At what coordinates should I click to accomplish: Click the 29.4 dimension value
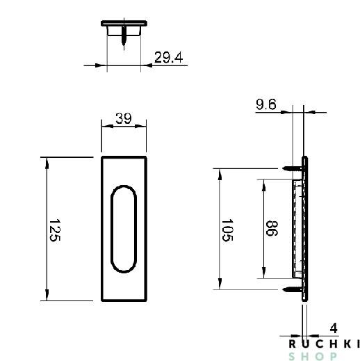[167, 58]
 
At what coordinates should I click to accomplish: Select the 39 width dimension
[124, 118]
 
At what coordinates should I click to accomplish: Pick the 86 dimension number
[272, 229]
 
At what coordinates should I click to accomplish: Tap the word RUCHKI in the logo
[324, 344]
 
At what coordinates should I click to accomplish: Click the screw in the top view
[124, 36]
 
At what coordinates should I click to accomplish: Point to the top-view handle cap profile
[124, 25]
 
